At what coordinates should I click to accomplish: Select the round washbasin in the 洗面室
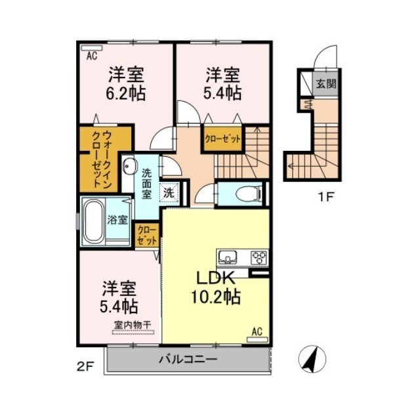pyautogui.click(x=129, y=166)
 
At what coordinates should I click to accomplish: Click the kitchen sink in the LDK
pyautogui.click(x=228, y=257)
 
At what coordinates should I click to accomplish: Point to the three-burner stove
pyautogui.click(x=259, y=258)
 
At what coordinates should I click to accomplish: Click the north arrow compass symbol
pyautogui.click(x=312, y=359)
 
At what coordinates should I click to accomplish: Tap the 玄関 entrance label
pyautogui.click(x=326, y=84)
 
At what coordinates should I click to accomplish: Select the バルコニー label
pyautogui.click(x=188, y=359)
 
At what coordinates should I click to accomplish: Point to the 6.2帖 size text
pyautogui.click(x=126, y=94)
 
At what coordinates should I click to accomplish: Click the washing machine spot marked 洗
pyautogui.click(x=169, y=192)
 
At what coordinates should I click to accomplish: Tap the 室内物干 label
pyautogui.click(x=133, y=325)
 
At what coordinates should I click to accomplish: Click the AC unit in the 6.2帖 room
pyautogui.click(x=92, y=48)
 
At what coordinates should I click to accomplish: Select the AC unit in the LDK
pyautogui.click(x=257, y=340)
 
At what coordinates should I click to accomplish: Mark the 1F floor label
pyautogui.click(x=325, y=198)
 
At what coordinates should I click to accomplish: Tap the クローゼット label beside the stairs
pyautogui.click(x=223, y=139)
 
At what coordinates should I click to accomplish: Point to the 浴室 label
pyautogui.click(x=117, y=220)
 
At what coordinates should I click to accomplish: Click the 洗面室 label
pyautogui.click(x=146, y=184)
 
